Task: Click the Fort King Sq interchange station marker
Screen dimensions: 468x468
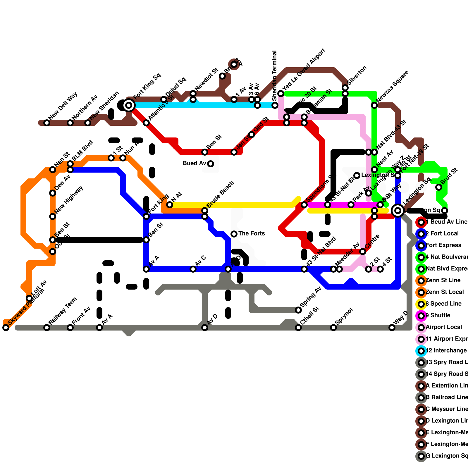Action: coord(129,105)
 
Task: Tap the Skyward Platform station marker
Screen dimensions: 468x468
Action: coord(6,328)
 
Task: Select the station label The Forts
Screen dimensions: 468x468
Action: coord(252,233)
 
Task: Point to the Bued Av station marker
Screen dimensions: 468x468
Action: coord(211,164)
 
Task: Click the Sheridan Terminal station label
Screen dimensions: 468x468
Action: coord(274,76)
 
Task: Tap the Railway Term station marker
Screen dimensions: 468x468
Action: coord(47,328)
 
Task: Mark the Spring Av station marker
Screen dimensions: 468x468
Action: coord(298,310)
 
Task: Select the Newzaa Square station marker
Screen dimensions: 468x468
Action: coord(374,105)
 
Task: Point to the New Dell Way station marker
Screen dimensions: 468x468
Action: coord(47,123)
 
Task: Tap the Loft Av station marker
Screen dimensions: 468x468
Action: coord(29,298)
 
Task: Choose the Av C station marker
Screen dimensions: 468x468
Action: coord(193,269)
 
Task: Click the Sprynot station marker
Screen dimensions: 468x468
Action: coord(333,328)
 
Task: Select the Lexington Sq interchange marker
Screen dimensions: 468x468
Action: coord(398,211)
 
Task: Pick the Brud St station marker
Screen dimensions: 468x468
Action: coord(439,187)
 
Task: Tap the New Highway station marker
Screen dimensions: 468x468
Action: coord(53,216)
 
